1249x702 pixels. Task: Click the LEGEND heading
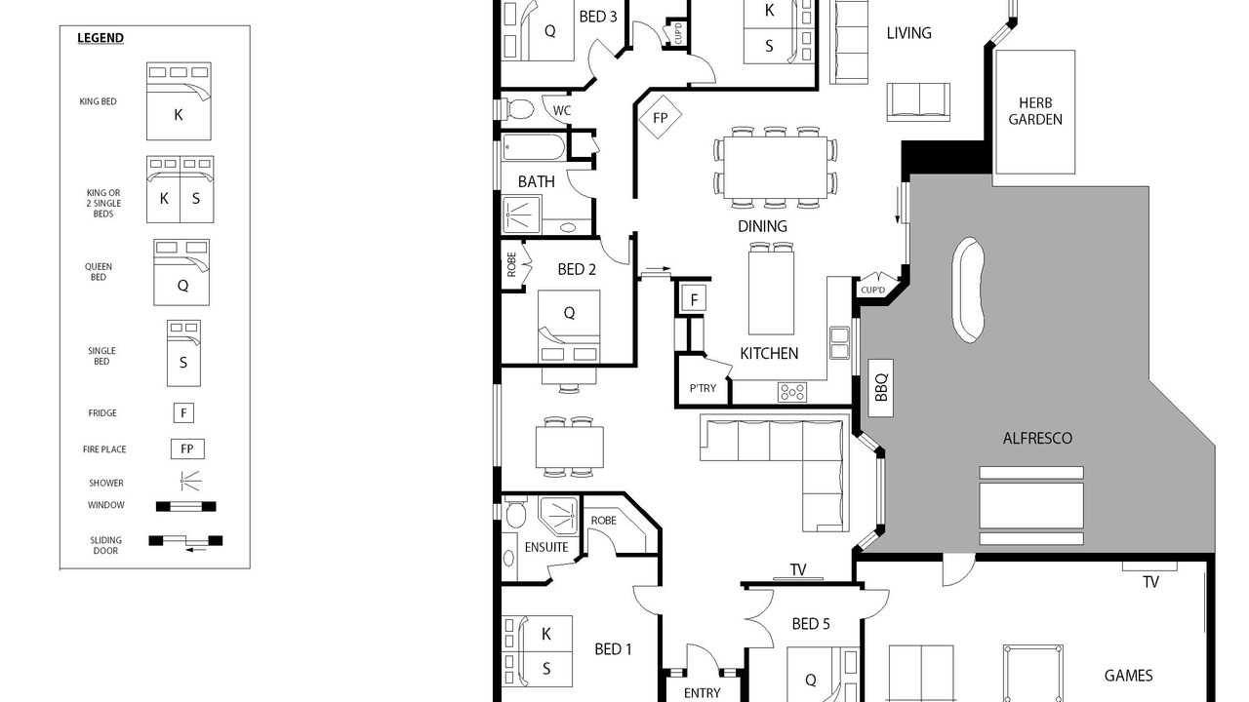click(101, 38)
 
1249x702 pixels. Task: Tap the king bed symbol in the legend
click(179, 100)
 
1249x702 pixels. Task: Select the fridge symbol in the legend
click(183, 412)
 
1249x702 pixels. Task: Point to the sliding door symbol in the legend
click(185, 541)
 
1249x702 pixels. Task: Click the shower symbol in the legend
click(190, 481)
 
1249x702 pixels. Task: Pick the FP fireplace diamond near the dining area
click(661, 117)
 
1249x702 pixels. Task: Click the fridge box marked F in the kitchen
click(694, 299)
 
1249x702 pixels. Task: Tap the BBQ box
click(881, 388)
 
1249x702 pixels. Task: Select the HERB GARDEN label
click(1035, 111)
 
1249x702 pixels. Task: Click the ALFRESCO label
click(1037, 438)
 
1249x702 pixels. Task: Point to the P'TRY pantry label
click(703, 388)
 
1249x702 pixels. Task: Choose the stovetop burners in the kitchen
click(792, 392)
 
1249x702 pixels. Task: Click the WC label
click(562, 110)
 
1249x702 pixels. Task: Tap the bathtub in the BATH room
click(534, 147)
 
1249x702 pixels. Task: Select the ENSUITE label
click(546, 547)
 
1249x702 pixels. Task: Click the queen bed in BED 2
click(569, 327)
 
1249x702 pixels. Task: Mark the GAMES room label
click(1129, 676)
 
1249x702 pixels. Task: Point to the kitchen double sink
click(840, 343)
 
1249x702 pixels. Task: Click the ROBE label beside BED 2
click(511, 264)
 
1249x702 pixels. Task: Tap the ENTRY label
click(702, 693)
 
